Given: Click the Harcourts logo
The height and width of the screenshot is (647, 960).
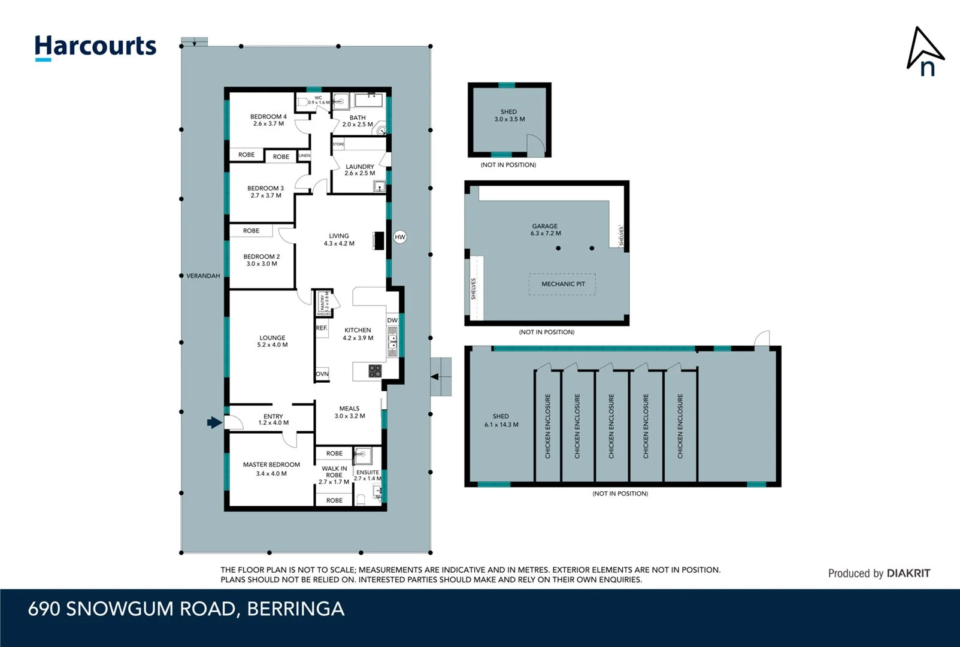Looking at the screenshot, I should coord(95,47).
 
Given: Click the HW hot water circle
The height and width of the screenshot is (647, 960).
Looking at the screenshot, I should coord(400,237).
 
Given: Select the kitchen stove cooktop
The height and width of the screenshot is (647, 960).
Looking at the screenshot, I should coord(375,371).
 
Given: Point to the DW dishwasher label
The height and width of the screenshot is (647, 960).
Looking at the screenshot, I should coord(392,321).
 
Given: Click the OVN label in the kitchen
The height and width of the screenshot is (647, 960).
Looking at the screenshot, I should coord(322,374).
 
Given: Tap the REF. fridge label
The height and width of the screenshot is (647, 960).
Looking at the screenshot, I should coord(322,328).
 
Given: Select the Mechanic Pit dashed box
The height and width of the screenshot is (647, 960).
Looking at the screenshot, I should coord(562,284).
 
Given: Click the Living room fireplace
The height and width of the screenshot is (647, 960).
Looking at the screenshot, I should coord(378,240).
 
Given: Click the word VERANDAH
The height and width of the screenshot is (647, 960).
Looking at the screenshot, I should coord(203,276).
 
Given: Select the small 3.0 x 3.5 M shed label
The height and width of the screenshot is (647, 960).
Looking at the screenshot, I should coord(509,116).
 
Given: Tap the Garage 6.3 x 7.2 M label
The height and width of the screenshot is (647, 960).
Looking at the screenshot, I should coord(545,230).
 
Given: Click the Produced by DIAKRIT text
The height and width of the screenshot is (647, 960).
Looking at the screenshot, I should coord(879,573).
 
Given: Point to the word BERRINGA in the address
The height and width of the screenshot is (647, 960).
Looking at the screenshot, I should coord(295,609).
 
